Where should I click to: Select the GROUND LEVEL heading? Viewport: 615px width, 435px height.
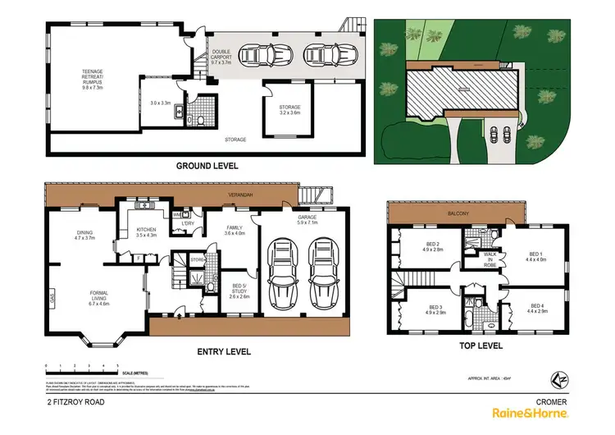tap(207, 166)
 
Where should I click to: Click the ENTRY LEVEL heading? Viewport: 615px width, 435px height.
tap(224, 351)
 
